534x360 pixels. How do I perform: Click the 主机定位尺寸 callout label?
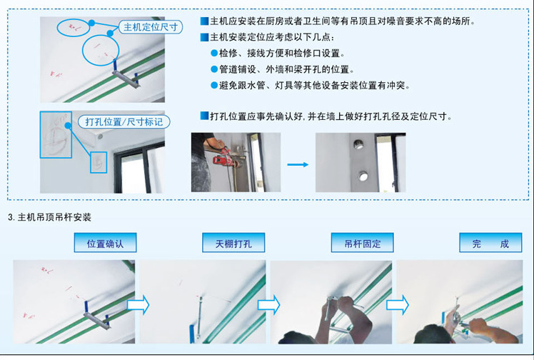click(151, 27)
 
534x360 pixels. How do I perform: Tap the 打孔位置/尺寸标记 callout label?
click(124, 121)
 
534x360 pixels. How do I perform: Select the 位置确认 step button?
click(105, 242)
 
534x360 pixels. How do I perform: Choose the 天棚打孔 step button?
click(233, 242)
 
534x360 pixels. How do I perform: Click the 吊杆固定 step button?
click(363, 242)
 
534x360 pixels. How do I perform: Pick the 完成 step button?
click(490, 242)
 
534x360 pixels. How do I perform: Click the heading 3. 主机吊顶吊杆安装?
click(50, 217)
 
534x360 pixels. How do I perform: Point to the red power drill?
click(226, 158)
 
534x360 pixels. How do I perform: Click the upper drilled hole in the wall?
click(358, 144)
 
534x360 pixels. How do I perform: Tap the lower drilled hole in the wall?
click(363, 176)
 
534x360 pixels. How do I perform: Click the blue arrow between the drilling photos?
click(298, 164)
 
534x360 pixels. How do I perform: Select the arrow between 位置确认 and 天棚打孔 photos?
click(138, 304)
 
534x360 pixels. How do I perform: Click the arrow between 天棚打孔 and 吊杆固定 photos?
click(268, 304)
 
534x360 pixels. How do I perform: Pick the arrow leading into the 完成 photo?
click(398, 304)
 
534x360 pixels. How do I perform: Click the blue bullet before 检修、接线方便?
click(214, 53)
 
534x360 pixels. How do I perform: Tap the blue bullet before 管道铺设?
click(214, 69)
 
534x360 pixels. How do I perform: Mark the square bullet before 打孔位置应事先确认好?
click(204, 116)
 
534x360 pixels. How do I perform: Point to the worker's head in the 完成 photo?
click(429, 334)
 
